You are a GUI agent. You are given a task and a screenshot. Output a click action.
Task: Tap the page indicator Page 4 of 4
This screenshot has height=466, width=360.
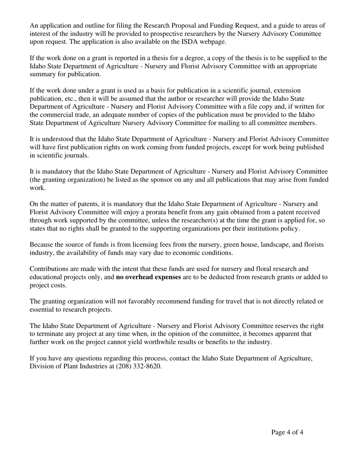(287, 432)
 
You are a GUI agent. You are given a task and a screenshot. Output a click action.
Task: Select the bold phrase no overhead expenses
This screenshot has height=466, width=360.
(149, 277)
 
